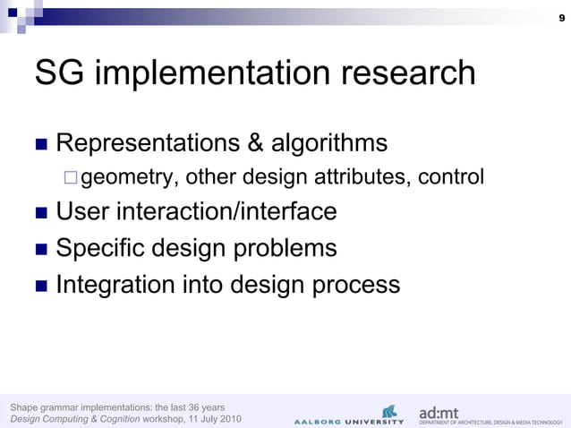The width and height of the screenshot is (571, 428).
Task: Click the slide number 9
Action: pyautogui.click(x=559, y=19)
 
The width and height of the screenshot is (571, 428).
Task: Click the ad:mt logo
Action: pyautogui.click(x=439, y=413)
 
